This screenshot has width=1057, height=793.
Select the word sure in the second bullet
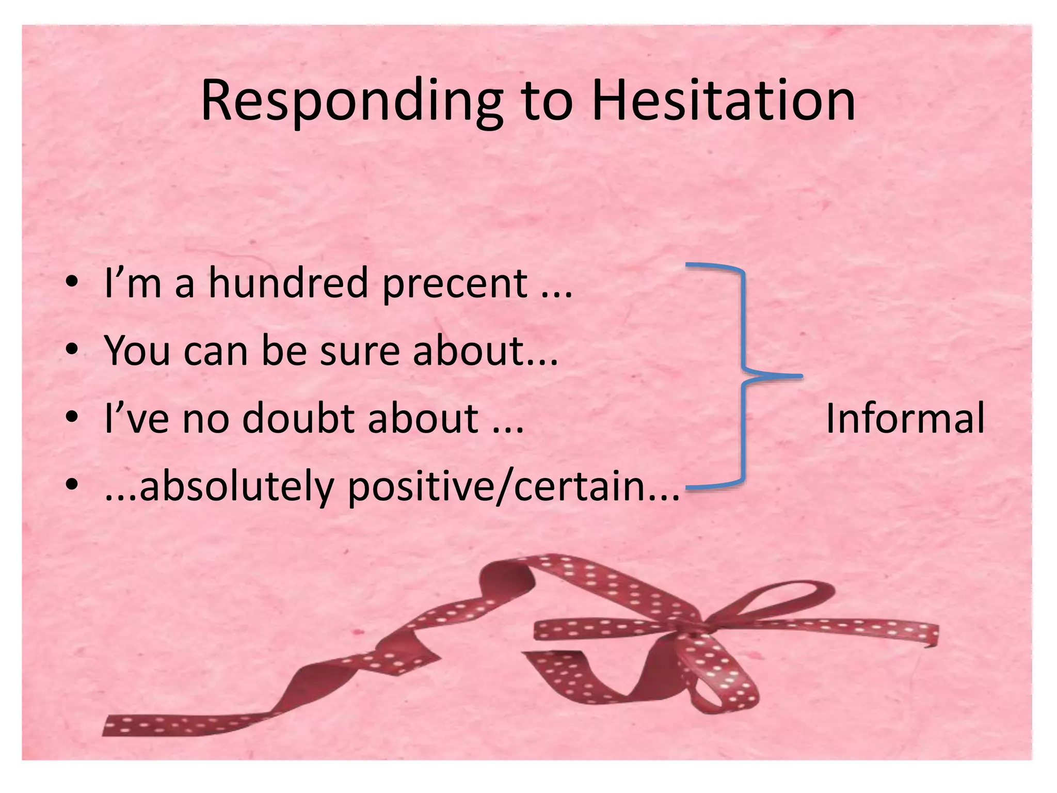[x=360, y=351]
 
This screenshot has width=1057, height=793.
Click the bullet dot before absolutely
[x=72, y=485]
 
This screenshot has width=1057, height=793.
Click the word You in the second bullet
[x=137, y=351]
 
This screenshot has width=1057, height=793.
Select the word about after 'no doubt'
[x=423, y=418]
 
